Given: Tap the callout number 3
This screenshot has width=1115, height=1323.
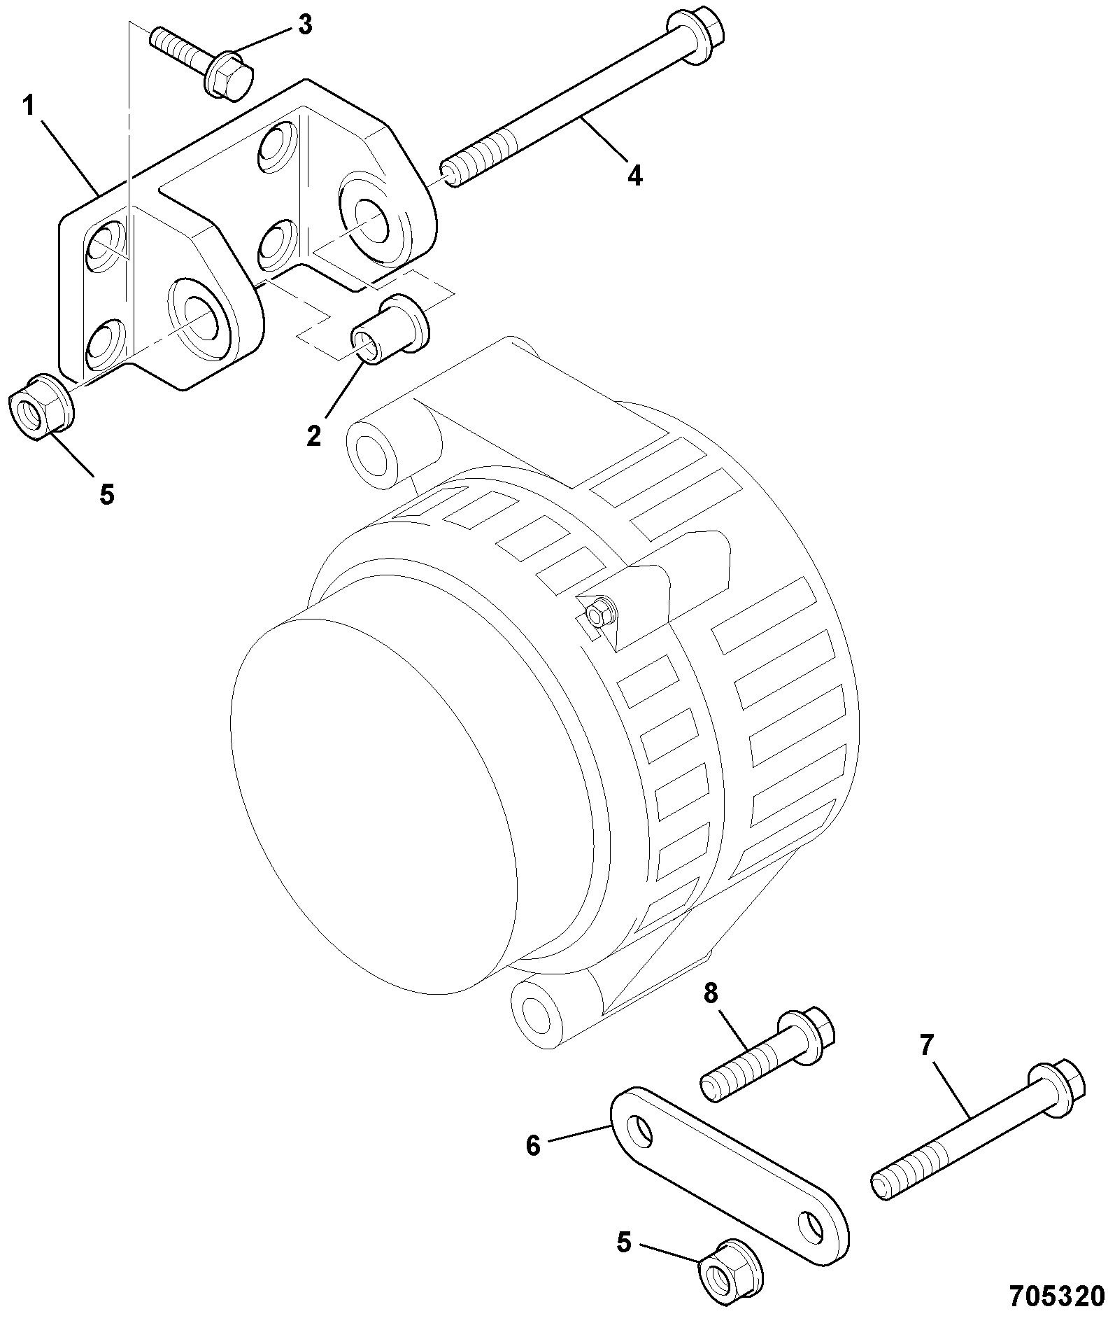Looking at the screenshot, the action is point(304,24).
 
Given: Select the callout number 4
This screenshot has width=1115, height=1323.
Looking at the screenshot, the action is point(634,175).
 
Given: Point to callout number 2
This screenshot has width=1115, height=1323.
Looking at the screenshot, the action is point(313,435).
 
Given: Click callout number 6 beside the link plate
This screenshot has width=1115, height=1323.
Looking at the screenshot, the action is point(533,1147).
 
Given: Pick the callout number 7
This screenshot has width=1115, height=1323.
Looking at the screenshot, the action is point(926,1046).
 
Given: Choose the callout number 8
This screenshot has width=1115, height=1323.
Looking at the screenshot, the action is point(711,995).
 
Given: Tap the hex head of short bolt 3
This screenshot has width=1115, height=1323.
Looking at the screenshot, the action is point(229,74).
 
